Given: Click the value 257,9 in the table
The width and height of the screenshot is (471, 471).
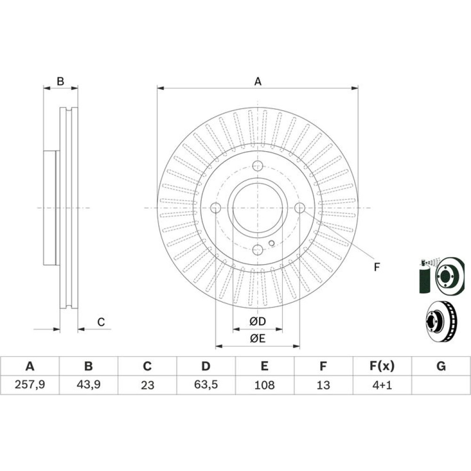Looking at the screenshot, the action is click(x=30, y=384).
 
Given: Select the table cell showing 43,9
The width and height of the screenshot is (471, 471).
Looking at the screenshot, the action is click(x=89, y=384).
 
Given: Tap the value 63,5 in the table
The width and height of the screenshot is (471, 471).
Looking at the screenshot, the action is click(x=206, y=384).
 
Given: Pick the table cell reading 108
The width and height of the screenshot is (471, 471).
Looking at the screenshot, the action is click(x=264, y=385).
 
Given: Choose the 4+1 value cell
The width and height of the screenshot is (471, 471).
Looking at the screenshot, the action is click(x=382, y=385).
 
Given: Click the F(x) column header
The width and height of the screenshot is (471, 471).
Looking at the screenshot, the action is click(x=382, y=366).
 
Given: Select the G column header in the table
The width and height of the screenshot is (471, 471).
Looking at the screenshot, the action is click(x=441, y=366).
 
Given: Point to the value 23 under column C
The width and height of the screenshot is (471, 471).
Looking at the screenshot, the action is click(x=147, y=385).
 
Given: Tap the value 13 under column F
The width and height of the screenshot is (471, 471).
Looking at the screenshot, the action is click(x=323, y=385).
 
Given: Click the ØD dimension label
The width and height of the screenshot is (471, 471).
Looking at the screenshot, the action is click(x=258, y=322).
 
